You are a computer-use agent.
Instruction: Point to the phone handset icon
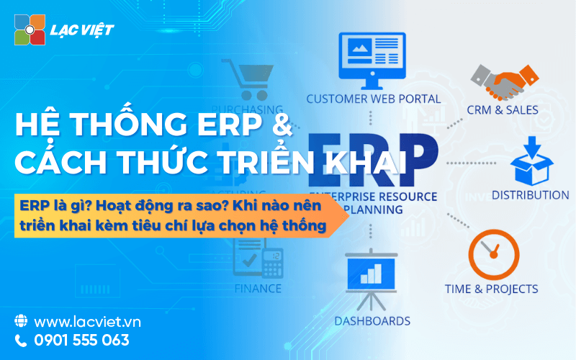point(21,341)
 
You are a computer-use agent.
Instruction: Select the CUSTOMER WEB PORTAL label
point(373,99)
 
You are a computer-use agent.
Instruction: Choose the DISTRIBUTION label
point(530,195)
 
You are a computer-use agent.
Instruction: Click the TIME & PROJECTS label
point(490,289)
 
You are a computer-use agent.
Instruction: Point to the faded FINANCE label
point(258,289)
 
